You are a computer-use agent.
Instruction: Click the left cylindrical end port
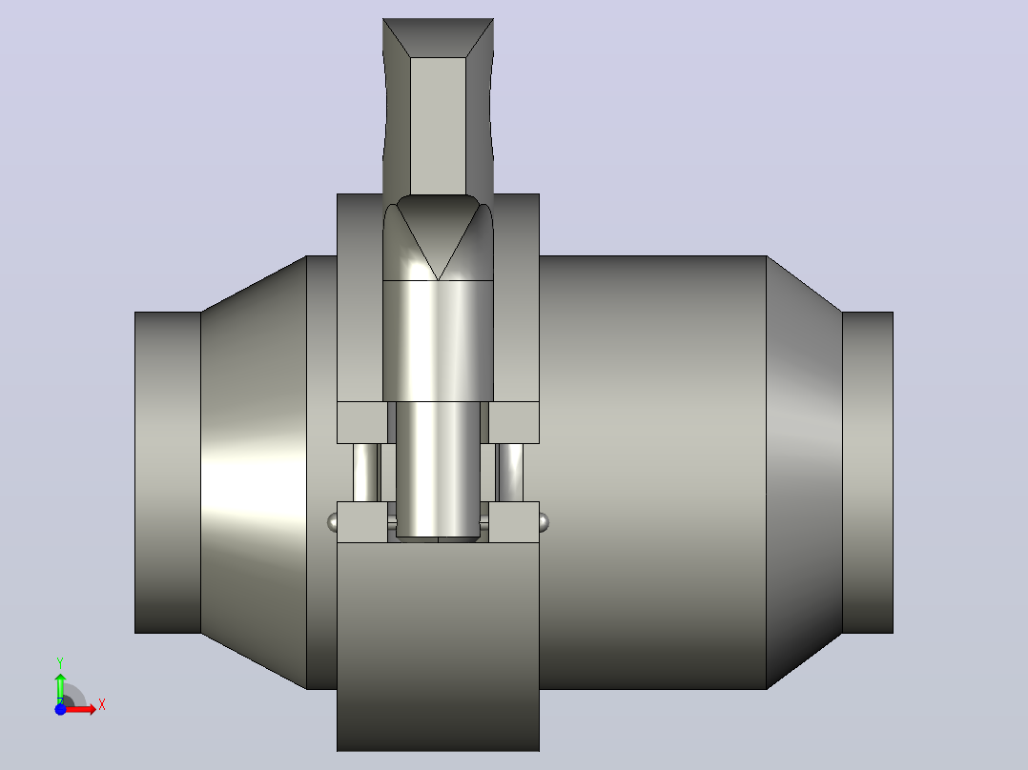pos(168,473)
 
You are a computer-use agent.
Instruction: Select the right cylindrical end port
pos(868,473)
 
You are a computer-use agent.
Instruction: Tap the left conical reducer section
pos(254,473)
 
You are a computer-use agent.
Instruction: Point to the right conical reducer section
pos(805,473)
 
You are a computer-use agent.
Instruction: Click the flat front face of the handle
pos(438,126)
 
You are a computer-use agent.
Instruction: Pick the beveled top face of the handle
pos(438,37)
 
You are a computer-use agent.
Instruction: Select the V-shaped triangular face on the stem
pos(438,236)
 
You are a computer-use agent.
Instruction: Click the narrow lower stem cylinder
pos(438,471)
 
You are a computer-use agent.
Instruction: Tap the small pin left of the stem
pos(366,473)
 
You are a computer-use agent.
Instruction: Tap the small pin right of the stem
pos(509,473)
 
